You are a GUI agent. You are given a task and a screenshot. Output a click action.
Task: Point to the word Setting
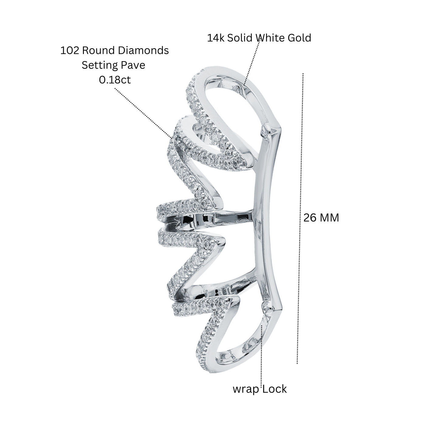[100, 66]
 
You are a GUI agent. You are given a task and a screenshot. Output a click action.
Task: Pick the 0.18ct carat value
[115, 80]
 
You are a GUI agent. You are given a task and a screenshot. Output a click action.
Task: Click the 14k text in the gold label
[215, 38]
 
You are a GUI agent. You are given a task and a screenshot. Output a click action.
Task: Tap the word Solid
[241, 38]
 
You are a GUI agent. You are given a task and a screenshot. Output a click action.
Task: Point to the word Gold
[299, 38]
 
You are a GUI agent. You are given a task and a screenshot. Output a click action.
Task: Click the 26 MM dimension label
[321, 218]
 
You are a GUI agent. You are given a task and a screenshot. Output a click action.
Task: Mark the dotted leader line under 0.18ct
[143, 113]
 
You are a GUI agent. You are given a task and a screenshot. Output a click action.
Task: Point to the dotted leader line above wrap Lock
[262, 362]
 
